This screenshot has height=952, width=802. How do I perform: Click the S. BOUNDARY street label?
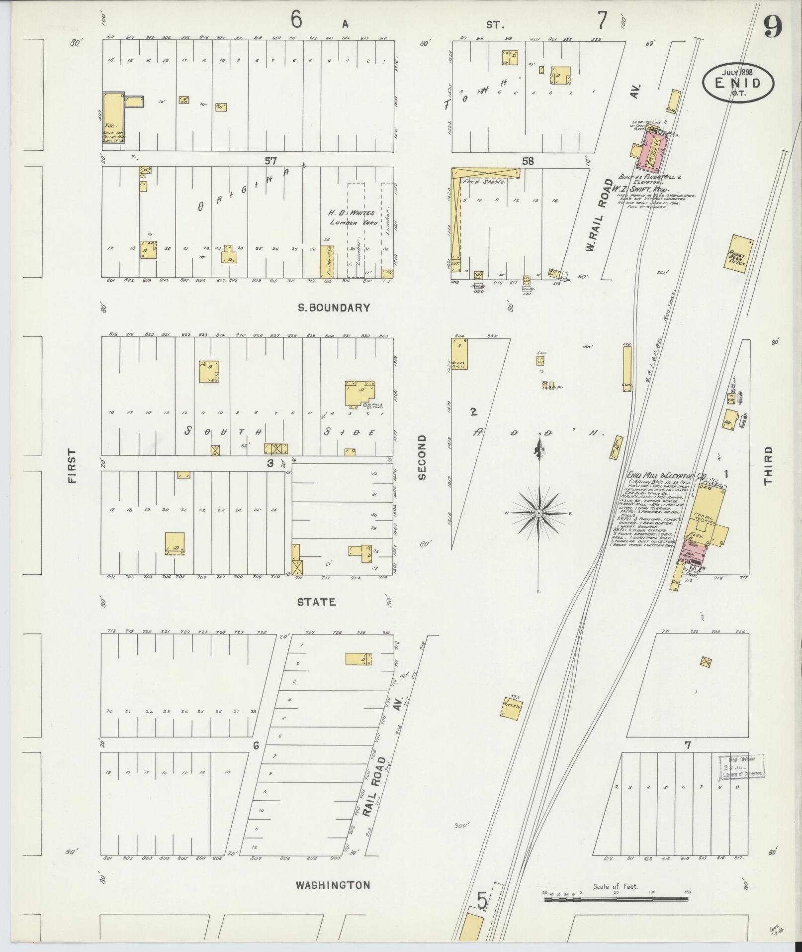click(334, 308)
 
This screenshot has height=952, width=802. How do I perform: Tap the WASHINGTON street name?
click(333, 885)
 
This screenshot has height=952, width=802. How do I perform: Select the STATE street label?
click(316, 602)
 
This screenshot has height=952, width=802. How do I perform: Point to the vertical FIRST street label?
click(72, 466)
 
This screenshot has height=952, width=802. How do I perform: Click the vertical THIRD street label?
click(768, 466)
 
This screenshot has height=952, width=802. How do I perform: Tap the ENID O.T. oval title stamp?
click(738, 83)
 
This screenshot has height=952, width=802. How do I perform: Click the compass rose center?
click(538, 513)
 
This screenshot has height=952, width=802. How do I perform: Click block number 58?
click(528, 161)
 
